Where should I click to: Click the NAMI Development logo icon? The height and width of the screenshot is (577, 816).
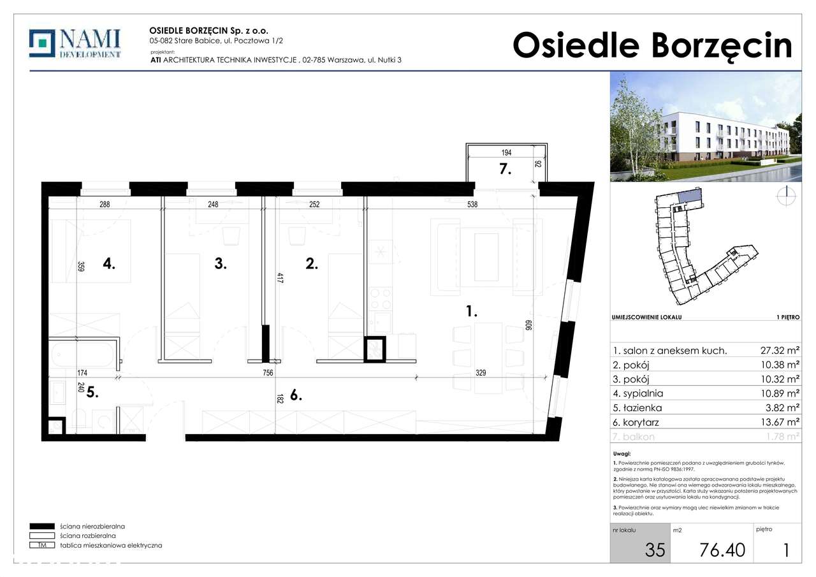tap(42, 43)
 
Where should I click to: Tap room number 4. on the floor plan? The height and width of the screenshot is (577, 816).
tap(109, 263)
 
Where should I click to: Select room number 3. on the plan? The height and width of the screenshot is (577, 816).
tap(220, 263)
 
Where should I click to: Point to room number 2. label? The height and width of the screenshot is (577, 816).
tap(311, 263)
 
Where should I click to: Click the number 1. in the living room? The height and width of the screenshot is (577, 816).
tap(471, 312)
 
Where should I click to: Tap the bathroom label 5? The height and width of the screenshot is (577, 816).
tap(92, 393)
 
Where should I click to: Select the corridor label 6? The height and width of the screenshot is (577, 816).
tap(295, 395)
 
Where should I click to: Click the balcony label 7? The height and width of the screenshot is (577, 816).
tap(505, 170)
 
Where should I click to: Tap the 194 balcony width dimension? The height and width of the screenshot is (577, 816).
tap(506, 153)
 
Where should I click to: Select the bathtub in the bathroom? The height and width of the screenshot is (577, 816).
tap(82, 355)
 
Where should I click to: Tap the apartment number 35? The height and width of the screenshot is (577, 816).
tap(654, 550)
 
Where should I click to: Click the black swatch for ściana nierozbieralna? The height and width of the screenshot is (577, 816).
tap(42, 527)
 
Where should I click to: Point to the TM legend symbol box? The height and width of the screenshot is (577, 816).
tap(42, 545)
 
